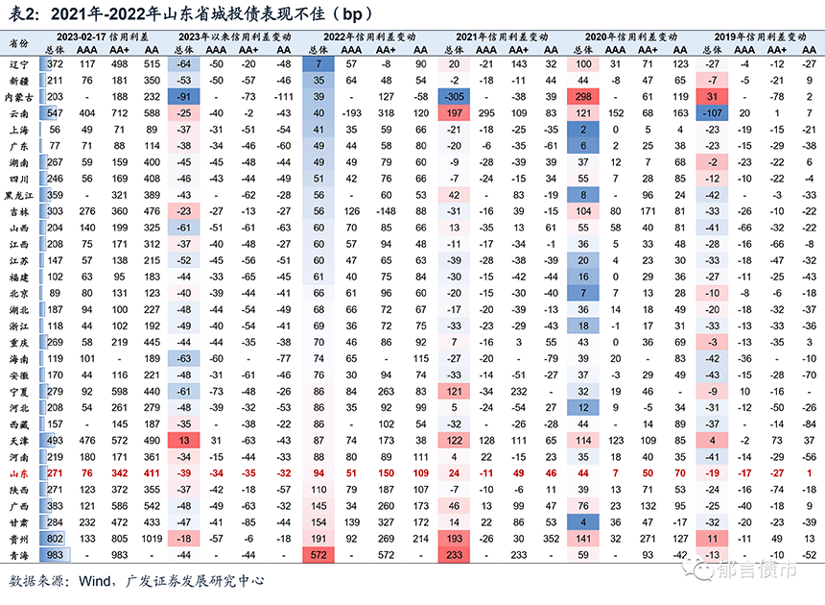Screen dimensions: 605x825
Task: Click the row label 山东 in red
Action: [17, 473]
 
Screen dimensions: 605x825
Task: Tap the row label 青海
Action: [17, 555]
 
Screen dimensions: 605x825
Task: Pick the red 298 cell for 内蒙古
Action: [583, 97]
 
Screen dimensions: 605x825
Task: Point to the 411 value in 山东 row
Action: [151, 473]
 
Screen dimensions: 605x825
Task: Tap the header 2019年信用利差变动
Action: [758, 35]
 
